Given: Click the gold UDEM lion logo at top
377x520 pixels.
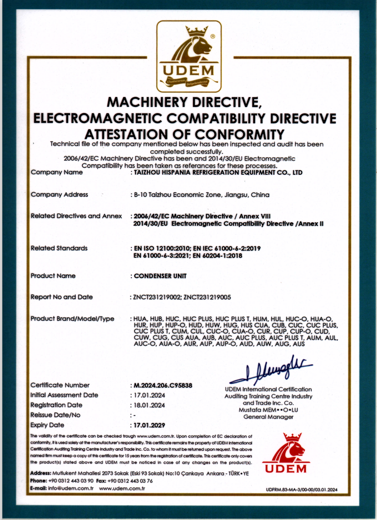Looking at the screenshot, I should tap(189, 57).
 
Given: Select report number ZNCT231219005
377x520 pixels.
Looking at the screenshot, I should tap(207, 297).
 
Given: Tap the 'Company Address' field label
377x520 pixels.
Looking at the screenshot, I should tap(59, 195).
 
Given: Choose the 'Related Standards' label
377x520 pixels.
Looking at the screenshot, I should tap(59, 248).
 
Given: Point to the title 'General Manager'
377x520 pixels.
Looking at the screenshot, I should tap(268, 417).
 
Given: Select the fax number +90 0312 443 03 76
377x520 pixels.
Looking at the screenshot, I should tap(130, 481).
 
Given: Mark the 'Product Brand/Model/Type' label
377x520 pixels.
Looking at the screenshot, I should tap(72, 319).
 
